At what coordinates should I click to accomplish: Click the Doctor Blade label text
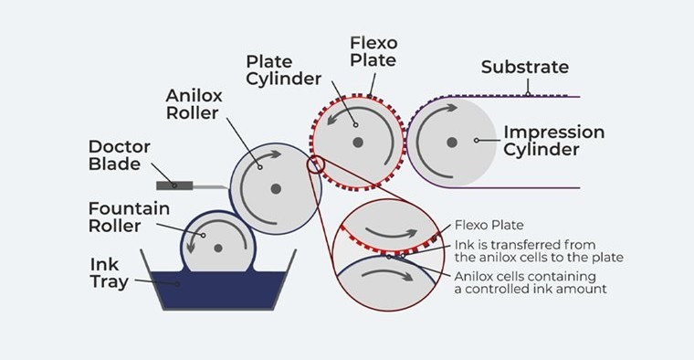(119, 155)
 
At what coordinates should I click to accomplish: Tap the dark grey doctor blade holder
(174, 185)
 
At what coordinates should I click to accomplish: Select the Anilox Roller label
(194, 104)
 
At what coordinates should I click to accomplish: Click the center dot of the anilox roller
(276, 189)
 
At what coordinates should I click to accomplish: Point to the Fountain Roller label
(129, 217)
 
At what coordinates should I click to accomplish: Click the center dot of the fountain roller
(217, 248)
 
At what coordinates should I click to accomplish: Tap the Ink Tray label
(110, 273)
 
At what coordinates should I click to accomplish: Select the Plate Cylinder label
(284, 70)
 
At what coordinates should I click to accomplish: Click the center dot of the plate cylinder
(358, 143)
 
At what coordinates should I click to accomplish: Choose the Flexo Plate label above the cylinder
(373, 51)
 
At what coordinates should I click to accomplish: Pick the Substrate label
(525, 67)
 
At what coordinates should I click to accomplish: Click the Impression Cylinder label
(553, 141)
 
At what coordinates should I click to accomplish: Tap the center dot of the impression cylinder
(452, 143)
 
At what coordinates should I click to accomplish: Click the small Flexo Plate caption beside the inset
(489, 225)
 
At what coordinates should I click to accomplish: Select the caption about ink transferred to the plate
(539, 251)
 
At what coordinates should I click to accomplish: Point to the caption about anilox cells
(531, 282)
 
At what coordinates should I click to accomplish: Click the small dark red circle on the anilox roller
(316, 165)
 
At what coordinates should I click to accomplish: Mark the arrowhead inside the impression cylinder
(451, 108)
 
